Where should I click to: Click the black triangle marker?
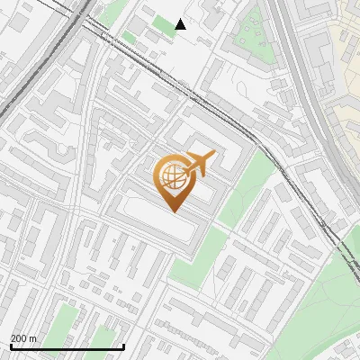coord(181,24)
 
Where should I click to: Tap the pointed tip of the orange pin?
coord(173,211)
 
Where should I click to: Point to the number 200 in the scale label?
coord(19,338)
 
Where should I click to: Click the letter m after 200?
coord(33,338)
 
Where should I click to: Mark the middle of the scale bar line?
coord(67,347)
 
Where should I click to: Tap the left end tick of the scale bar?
coord(10,346)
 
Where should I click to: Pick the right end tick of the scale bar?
coord(123,346)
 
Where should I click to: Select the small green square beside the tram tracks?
coord(129,37)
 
